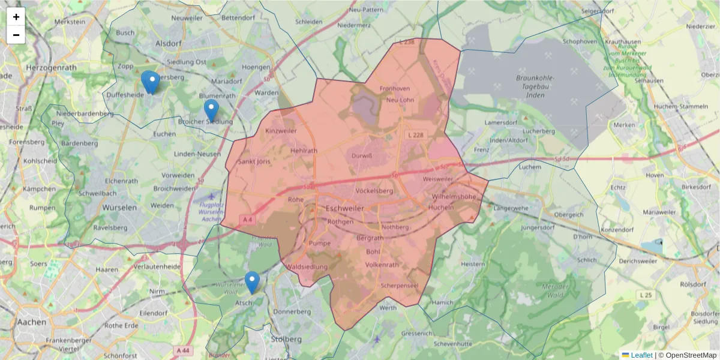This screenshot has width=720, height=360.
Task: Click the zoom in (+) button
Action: coord(16,17)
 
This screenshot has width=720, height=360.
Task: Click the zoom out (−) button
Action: coord(16,35)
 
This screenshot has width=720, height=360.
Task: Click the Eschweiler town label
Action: coord(344,208)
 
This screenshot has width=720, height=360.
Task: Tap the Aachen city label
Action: coord(32,322)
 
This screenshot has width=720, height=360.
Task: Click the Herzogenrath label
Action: coord(52,68)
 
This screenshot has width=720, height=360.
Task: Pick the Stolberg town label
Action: coord(287,339)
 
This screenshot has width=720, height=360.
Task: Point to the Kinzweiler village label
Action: coord(281,130)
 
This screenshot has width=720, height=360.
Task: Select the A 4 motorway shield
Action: coord(248,220)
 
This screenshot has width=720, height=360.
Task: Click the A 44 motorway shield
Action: coord(183,350)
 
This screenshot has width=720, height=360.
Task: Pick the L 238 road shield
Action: coord(406,42)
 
